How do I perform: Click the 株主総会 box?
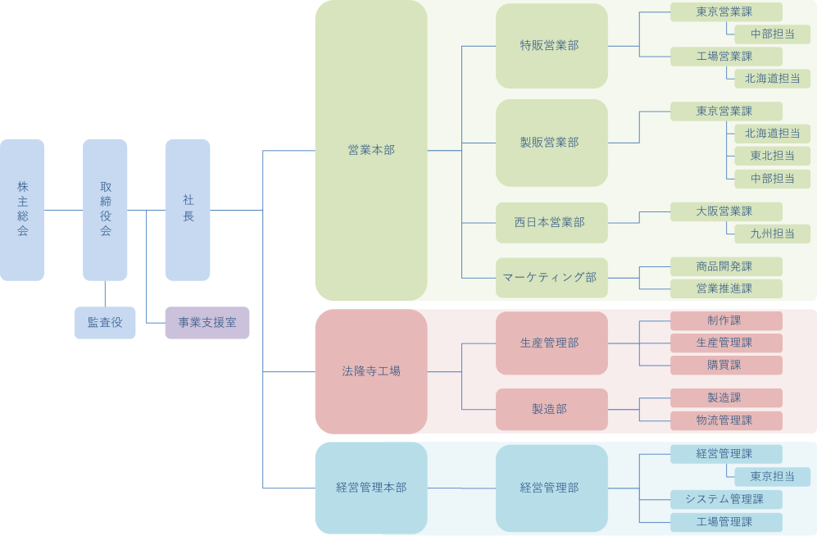pos(22,210)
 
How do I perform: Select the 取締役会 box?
pos(105,210)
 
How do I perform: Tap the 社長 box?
pos(188,210)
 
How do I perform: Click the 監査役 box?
pos(105,323)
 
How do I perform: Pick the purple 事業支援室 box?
pos(207,323)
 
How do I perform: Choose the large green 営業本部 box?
pos(371,150)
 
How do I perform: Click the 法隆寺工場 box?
pos(371,371)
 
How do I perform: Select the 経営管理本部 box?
pos(371,488)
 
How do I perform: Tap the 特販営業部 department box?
pos(551,46)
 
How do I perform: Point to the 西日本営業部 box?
pos(551,223)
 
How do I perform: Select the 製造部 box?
pos(551,409)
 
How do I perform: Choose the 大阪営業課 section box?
pos(726,211)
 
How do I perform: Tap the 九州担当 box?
pos(772,234)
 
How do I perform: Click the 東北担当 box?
pos(772,156)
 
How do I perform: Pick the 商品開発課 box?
pos(726,266)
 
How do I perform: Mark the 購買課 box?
pos(726,365)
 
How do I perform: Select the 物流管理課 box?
pos(726,420)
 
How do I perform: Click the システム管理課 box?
pos(726,499)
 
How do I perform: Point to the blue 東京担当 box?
pos(772,477)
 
